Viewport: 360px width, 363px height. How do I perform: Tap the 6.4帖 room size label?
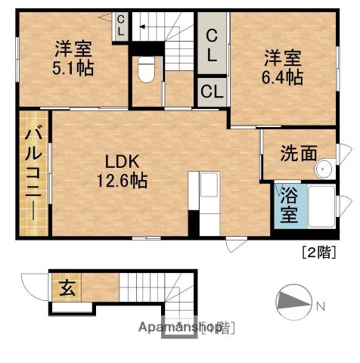[284, 76]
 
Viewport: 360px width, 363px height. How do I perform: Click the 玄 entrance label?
[67, 288]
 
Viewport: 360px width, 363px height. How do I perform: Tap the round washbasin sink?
[326, 168]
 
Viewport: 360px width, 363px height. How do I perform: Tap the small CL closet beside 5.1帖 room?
[120, 26]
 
